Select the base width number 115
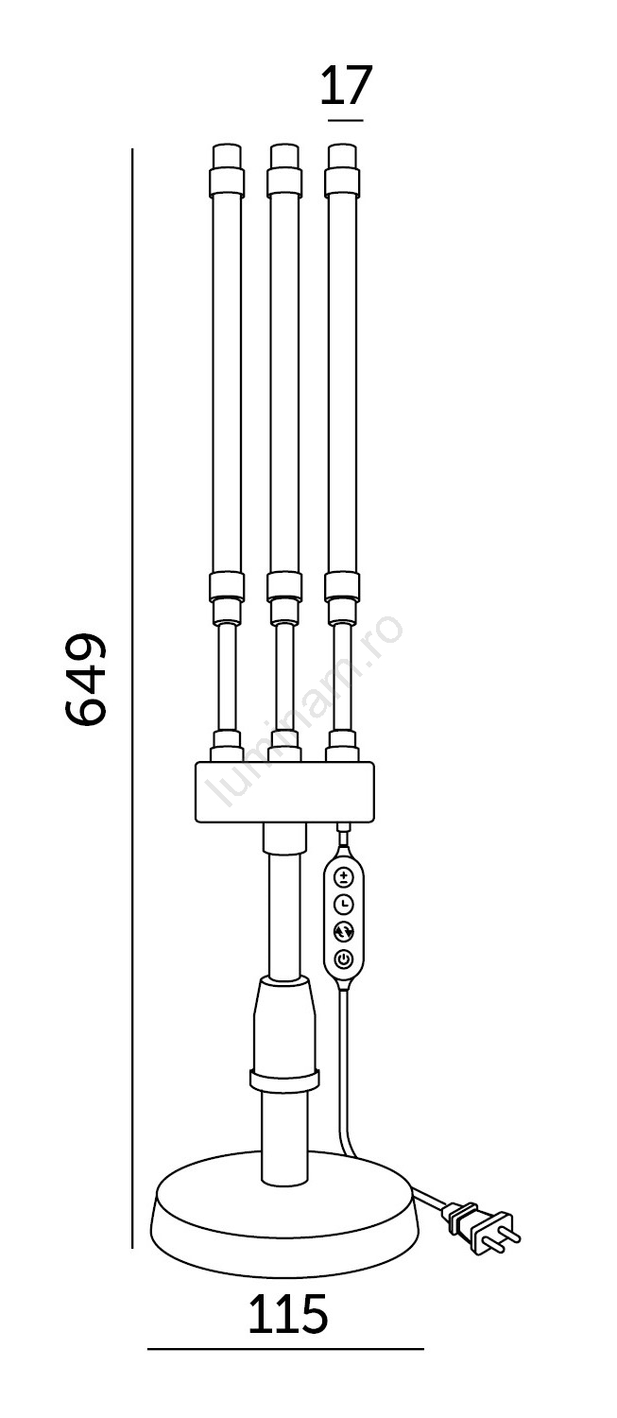click(x=288, y=1314)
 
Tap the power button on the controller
click(x=344, y=960)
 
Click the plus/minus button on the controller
click(x=344, y=876)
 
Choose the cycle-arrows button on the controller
click(x=344, y=932)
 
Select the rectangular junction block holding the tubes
click(x=284, y=792)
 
